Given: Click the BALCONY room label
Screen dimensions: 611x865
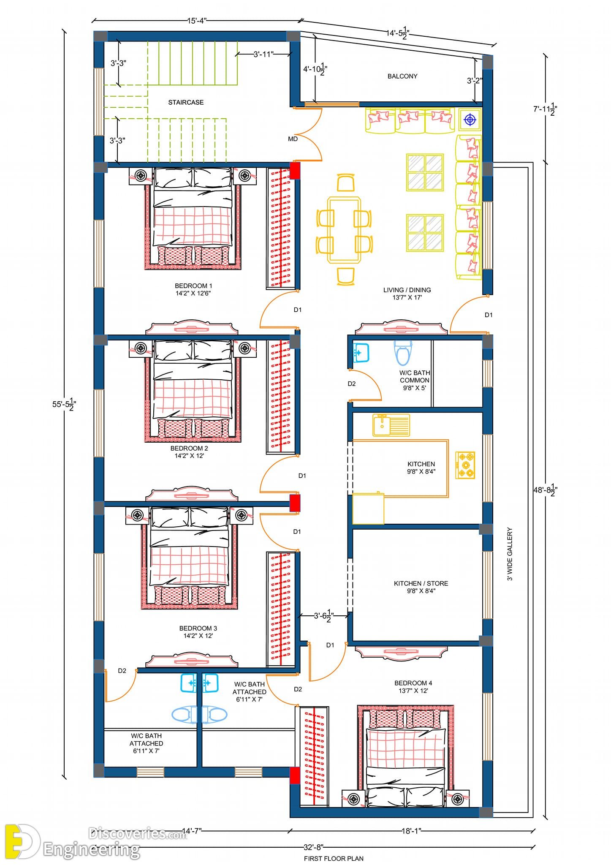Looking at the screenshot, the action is tap(402, 76).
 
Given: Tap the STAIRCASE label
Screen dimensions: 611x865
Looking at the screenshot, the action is tap(186, 102).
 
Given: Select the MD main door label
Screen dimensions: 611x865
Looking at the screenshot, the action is tap(293, 139).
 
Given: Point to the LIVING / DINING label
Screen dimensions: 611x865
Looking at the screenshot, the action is tap(407, 290).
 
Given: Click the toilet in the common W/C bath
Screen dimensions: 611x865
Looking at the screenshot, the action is tap(402, 352).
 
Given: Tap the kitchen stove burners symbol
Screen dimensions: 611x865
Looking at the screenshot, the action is tap(465, 465).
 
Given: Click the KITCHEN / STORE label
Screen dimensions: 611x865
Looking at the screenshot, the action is tap(421, 583).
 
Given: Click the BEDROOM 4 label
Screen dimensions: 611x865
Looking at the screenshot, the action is tap(413, 683).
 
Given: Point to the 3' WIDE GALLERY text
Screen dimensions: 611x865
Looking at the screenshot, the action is tap(510, 554).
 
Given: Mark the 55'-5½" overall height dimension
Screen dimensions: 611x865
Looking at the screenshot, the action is tap(64, 405).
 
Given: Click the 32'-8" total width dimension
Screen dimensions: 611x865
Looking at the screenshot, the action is tap(313, 847).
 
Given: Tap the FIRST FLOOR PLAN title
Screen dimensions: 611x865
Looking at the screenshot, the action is tap(334, 858).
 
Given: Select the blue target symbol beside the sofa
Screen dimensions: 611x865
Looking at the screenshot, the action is tap(470, 120).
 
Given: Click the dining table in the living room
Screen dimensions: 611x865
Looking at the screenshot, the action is tap(345, 230).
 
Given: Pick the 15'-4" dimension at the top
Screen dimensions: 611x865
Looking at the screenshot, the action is tap(197, 21).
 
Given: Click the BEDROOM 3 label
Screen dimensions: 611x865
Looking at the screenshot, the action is tap(198, 628).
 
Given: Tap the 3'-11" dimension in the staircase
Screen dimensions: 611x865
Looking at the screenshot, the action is tap(263, 54).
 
